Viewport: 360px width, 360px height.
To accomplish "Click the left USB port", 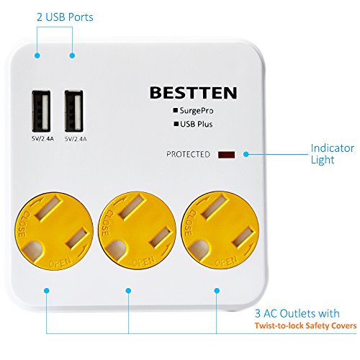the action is click(x=41, y=111).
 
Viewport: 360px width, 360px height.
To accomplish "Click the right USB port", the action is click(x=74, y=111).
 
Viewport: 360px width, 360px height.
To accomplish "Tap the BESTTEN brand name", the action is click(x=194, y=93).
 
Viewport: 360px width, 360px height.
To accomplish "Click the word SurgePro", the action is click(x=197, y=111).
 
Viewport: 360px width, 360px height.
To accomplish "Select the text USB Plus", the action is click(x=197, y=124).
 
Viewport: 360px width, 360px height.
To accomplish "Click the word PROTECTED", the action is click(x=188, y=154).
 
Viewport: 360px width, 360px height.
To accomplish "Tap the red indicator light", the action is click(x=226, y=155).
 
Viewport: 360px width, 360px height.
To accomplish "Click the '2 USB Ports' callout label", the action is click(x=65, y=17).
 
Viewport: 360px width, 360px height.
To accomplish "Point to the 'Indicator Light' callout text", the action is click(x=332, y=154).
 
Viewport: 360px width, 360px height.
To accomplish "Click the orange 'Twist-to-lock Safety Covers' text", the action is click(x=305, y=325).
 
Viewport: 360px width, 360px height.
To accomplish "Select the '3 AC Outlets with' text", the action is click(x=297, y=313).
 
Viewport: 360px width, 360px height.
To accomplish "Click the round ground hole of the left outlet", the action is click(x=32, y=251).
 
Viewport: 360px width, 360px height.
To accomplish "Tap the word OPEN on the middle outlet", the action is click(x=143, y=261).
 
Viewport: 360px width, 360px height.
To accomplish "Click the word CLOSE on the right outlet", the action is click(x=189, y=222).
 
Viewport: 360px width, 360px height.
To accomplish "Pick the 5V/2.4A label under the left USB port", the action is click(x=42, y=139).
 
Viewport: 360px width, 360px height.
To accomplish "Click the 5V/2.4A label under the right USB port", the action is click(x=76, y=139).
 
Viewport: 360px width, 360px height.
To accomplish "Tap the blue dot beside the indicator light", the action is click(x=246, y=154).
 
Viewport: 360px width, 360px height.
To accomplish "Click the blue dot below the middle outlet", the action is click(x=128, y=291).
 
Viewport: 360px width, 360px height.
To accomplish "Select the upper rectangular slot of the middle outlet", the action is click(x=132, y=207).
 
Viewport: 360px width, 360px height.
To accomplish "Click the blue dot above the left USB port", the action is click(x=37, y=55).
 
